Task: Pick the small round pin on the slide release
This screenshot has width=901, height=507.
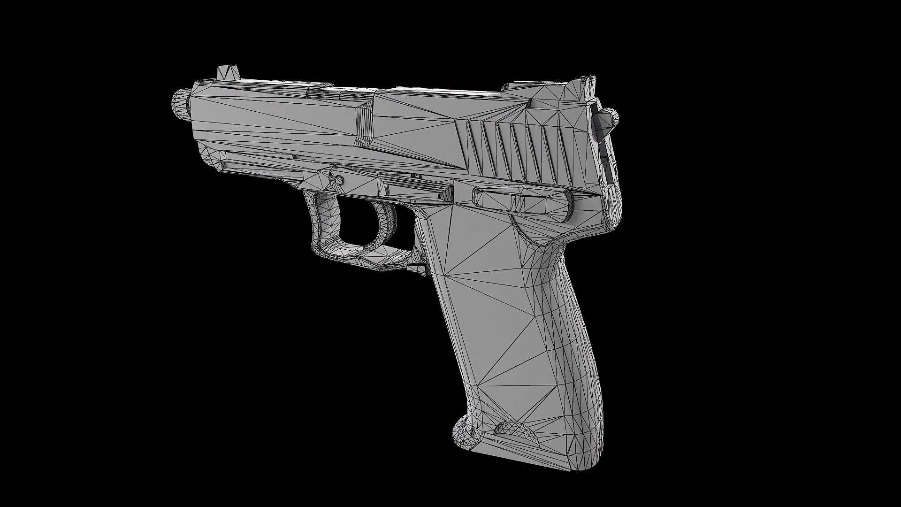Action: pos(337,180)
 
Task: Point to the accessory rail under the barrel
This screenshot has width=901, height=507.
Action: pos(263,162)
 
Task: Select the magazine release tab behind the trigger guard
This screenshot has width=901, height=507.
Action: pos(416,267)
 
